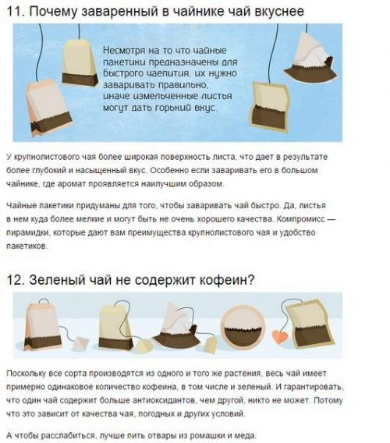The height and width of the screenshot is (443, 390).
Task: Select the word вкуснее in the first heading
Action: (x=275, y=11)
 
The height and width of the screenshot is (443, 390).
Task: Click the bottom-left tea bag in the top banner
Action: (x=46, y=109)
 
